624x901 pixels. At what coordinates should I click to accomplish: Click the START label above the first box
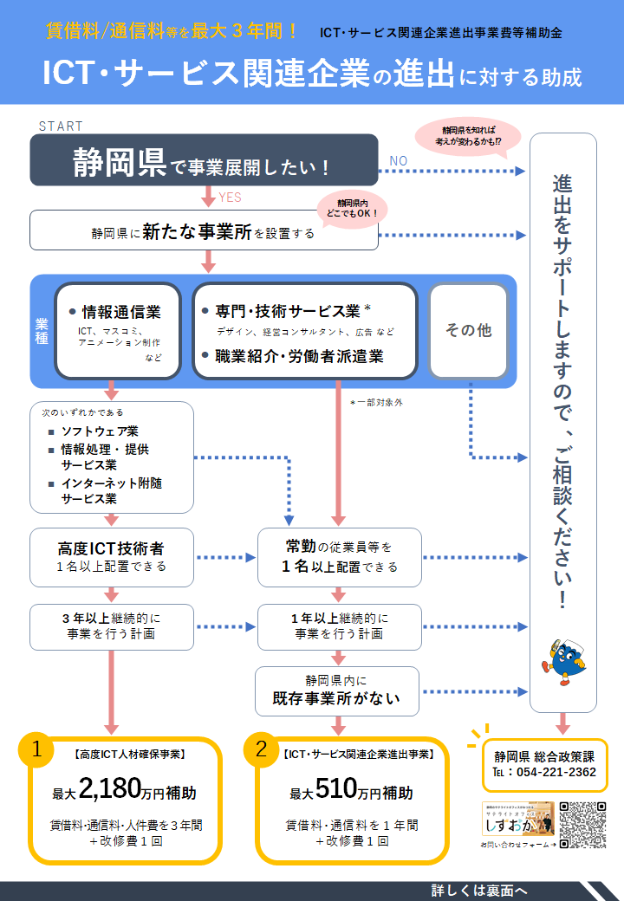point(62,126)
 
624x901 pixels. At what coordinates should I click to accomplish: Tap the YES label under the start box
point(231,198)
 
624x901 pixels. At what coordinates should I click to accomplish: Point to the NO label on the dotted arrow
point(399,160)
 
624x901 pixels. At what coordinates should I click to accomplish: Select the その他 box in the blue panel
point(468,330)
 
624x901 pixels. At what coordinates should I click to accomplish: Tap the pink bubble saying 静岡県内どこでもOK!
point(353,205)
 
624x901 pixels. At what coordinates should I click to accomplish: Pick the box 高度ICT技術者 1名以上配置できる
point(111,557)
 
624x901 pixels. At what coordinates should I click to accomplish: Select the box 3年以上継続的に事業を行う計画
point(111,626)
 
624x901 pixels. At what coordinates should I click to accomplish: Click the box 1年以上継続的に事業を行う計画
point(339,626)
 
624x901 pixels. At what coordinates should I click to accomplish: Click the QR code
point(582,825)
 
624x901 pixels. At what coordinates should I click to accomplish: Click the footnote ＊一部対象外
point(376,402)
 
